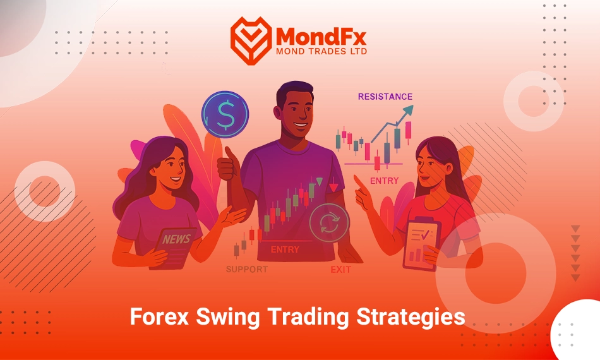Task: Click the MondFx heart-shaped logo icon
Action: click(x=251, y=40)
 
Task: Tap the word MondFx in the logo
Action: click(x=321, y=37)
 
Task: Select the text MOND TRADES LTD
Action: click(x=321, y=51)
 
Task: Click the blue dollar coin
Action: click(x=225, y=114)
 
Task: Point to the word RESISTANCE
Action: click(x=385, y=97)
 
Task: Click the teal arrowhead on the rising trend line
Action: click(x=407, y=110)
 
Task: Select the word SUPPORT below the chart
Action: click(x=247, y=269)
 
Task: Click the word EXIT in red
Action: click(x=340, y=270)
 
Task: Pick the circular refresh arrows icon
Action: click(x=329, y=223)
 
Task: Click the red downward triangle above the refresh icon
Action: click(x=333, y=188)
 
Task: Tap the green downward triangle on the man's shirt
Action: click(x=320, y=181)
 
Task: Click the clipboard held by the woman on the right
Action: click(x=420, y=243)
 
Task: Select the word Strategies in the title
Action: click(x=411, y=318)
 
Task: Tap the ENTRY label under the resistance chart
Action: click(x=384, y=181)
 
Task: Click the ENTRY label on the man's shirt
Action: click(x=285, y=249)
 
